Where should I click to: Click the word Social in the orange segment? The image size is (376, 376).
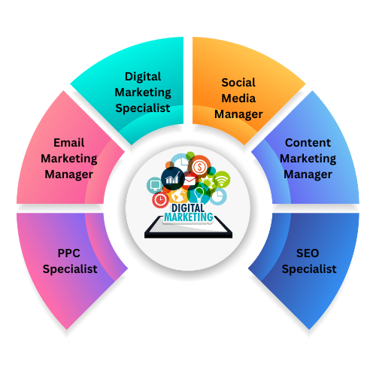click(x=238, y=83)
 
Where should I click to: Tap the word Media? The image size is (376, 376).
click(x=238, y=99)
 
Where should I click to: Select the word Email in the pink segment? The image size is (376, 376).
click(x=69, y=143)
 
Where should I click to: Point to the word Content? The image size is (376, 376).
click(x=308, y=143)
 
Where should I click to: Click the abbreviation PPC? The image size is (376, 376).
click(x=69, y=253)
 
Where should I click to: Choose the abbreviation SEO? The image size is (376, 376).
click(x=308, y=253)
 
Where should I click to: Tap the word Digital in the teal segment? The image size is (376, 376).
click(x=143, y=77)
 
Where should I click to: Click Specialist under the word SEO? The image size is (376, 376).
click(x=309, y=269)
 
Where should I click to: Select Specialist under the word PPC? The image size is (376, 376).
click(x=70, y=269)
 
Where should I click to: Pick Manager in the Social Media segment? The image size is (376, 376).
click(x=238, y=114)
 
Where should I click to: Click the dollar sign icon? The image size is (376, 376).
click(x=199, y=166)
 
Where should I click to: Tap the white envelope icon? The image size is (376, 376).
click(x=190, y=180)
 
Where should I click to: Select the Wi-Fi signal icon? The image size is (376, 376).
click(x=222, y=180)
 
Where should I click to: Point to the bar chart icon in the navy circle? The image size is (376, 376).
click(x=172, y=178)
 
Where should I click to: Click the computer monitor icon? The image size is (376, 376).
click(x=155, y=186)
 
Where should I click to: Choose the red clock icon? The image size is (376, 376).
click(x=160, y=200)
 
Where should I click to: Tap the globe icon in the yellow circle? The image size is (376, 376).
click(x=178, y=196)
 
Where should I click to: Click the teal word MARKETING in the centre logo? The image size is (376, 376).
click(x=189, y=217)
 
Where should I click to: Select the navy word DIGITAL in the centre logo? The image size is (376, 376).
click(x=188, y=208)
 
